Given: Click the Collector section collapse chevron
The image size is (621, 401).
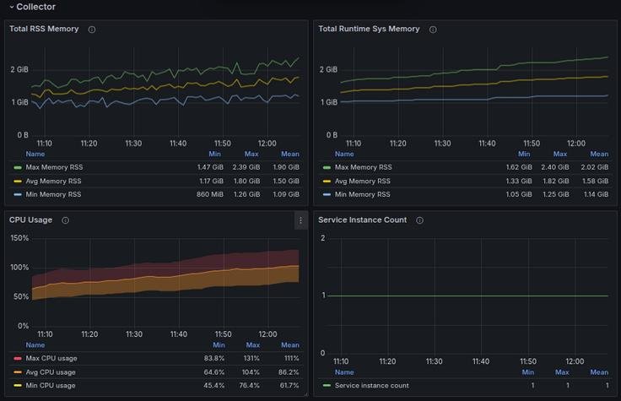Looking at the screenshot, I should point(11,7).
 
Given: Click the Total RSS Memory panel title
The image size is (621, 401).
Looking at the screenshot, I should point(44,29).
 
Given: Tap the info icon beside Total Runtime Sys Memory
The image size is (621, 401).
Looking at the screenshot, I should point(433,30).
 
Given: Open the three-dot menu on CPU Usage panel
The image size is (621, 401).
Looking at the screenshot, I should point(300,220).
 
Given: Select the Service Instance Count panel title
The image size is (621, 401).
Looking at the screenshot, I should point(362,220).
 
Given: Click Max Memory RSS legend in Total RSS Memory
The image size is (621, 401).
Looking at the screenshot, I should point(53,167).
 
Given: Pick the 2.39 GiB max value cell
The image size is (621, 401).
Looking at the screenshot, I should point(251,167).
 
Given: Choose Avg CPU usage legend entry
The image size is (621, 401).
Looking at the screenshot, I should point(50,372).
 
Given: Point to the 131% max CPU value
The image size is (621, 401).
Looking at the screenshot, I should point(251,359).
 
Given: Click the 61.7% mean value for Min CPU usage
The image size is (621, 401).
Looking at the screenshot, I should point(289,386).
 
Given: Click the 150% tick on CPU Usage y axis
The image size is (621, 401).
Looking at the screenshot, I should point(19,238).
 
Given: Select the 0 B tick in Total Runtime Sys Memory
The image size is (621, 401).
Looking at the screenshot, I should point(330,135).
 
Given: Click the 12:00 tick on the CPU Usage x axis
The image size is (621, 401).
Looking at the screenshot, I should point(267,334).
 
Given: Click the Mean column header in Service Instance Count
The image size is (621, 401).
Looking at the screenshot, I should point(599,372).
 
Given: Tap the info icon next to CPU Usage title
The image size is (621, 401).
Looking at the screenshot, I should point(65,220).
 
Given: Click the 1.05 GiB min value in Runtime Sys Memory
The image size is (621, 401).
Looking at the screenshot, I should point(519,194).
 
